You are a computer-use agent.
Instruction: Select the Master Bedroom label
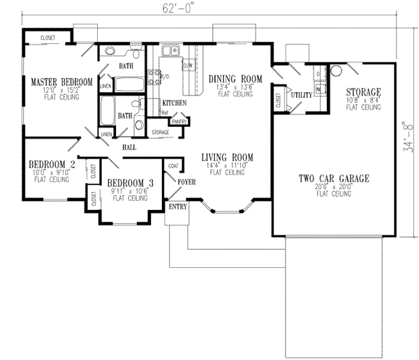tap(61, 82)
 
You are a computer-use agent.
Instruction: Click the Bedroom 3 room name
tap(128, 184)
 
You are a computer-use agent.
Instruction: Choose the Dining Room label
tap(235, 79)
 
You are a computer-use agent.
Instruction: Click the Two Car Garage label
tap(333, 179)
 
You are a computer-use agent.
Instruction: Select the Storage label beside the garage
tap(363, 92)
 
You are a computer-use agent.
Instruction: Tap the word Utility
tap(301, 93)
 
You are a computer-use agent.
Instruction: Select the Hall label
tap(128, 147)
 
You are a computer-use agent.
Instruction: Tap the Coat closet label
tap(172, 166)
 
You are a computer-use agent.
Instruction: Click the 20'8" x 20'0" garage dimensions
tap(333, 187)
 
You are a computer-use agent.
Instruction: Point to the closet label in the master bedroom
tap(48, 37)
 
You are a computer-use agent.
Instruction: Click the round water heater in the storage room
tap(335, 70)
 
